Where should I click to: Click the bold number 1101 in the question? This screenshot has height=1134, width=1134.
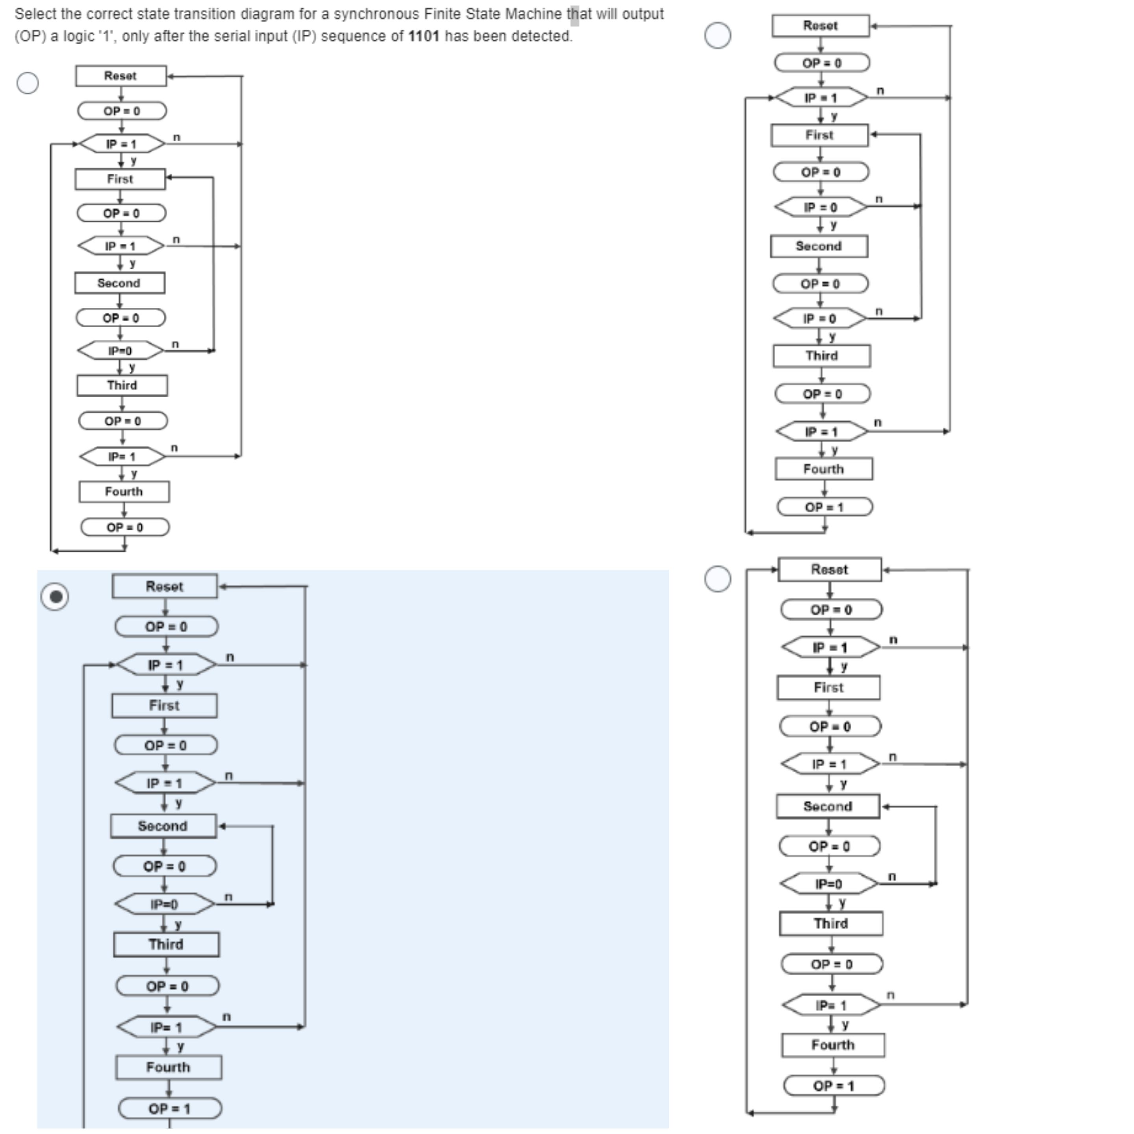423,36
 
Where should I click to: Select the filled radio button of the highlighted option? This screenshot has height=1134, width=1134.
55,597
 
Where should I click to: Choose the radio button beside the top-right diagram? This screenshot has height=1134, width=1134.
717,35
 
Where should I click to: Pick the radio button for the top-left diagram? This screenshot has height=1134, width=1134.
28,83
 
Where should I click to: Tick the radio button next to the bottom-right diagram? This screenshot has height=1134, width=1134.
717,579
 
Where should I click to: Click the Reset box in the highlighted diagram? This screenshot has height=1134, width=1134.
164,586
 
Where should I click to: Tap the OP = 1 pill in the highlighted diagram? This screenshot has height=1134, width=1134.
170,1108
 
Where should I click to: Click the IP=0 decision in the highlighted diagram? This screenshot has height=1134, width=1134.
164,904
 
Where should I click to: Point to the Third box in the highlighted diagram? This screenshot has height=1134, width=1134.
166,945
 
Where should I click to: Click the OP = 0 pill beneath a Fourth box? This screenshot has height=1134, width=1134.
124,527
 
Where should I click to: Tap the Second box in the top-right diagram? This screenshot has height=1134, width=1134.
819,246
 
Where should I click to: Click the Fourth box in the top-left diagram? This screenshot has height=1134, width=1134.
124,492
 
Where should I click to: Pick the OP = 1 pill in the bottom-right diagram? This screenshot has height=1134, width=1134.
834,1086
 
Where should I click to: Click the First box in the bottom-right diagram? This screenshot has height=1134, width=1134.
828,688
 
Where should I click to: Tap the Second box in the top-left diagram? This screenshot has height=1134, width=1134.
119,283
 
